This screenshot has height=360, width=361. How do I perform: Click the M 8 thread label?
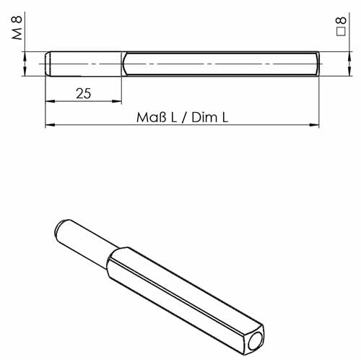click(x=17, y=28)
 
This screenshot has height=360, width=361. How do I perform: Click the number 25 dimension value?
click(x=84, y=93)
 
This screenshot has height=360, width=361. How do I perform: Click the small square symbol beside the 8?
click(x=341, y=32)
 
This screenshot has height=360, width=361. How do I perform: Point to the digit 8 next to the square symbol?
click(x=342, y=20)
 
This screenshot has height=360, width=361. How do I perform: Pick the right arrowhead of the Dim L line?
click(x=314, y=125)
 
